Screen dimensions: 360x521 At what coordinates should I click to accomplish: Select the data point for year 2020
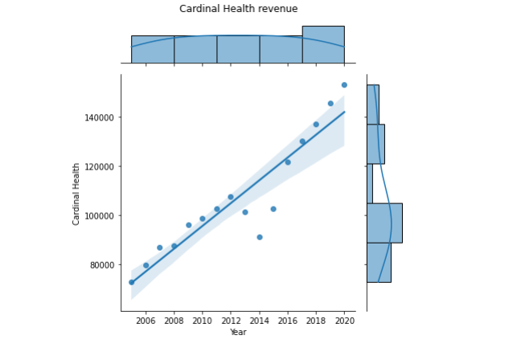pyautogui.click(x=344, y=84)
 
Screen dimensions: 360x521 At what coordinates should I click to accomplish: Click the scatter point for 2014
pyautogui.click(x=260, y=237)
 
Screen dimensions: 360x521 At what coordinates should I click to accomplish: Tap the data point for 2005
pyautogui.click(x=132, y=282)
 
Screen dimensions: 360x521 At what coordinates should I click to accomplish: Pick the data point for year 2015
pyautogui.click(x=273, y=209)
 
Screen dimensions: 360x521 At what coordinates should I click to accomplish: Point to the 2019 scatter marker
pyautogui.click(x=330, y=103)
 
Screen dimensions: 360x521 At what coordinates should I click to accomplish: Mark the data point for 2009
pyautogui.click(x=189, y=225)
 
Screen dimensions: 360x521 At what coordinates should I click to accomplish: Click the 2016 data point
pyautogui.click(x=288, y=162)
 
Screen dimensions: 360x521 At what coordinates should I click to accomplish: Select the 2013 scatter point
pyautogui.click(x=245, y=212)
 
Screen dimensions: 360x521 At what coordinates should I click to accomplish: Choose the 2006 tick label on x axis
pyautogui.click(x=146, y=321)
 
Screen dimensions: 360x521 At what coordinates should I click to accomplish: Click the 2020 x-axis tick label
pyautogui.click(x=344, y=321)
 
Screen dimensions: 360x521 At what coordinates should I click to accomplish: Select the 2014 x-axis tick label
pyautogui.click(x=260, y=321)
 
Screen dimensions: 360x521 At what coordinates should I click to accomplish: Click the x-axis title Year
pyautogui.click(x=238, y=333)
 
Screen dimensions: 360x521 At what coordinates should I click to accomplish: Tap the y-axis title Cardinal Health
pyautogui.click(x=77, y=194)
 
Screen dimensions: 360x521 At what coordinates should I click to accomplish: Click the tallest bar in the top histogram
pyautogui.click(x=323, y=44)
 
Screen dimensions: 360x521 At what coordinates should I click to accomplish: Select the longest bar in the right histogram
pyautogui.click(x=384, y=223)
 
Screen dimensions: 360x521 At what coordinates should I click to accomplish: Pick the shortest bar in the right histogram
pyautogui.click(x=370, y=183)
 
